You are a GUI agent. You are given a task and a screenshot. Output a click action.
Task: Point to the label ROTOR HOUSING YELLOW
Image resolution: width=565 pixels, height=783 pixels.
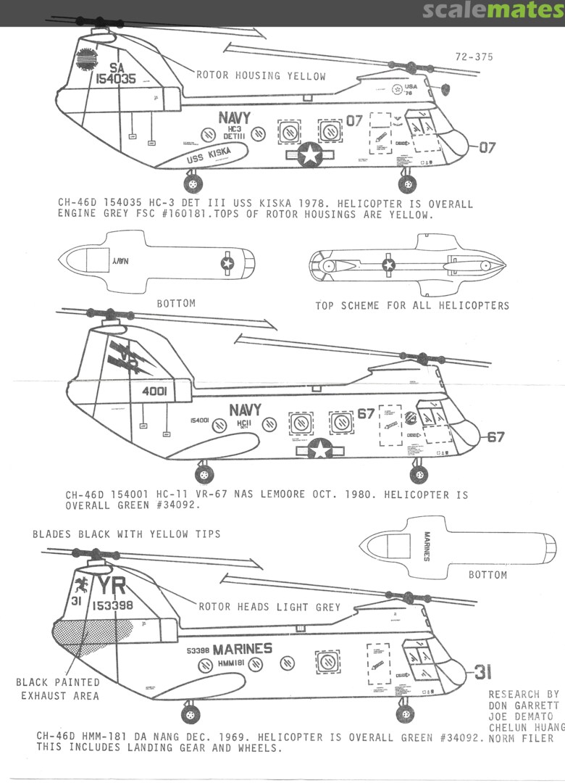[261, 75]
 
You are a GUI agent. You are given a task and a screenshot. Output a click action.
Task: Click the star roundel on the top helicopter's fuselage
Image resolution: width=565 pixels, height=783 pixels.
[310, 154]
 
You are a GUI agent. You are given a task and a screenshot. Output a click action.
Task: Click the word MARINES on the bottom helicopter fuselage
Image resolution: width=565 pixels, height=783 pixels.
[242, 648]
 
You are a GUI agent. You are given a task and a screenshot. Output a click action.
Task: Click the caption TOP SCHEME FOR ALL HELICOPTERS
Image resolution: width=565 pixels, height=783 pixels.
[411, 305]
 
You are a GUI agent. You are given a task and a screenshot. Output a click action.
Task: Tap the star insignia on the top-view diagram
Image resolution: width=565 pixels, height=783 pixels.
[389, 265]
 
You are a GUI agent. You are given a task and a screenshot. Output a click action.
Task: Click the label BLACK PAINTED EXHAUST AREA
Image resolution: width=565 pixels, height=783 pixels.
[58, 689]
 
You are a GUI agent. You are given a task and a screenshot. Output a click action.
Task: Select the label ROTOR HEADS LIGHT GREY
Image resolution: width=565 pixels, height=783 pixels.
[269, 607]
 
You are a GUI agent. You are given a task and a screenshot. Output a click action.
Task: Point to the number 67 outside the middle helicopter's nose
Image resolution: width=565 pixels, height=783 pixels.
[495, 436]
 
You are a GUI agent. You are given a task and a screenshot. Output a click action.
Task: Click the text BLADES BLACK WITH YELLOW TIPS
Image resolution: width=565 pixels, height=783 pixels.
[126, 534]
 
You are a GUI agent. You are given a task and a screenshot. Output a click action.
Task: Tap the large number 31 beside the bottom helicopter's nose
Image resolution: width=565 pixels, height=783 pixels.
[483, 672]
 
